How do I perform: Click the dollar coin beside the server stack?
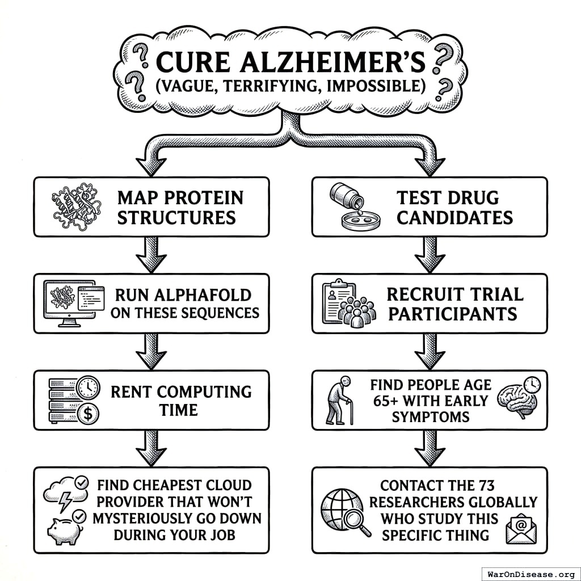pos(88,413)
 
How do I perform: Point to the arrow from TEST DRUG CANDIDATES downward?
pos(430,254)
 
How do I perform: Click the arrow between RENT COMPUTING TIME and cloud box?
pos(151,447)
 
